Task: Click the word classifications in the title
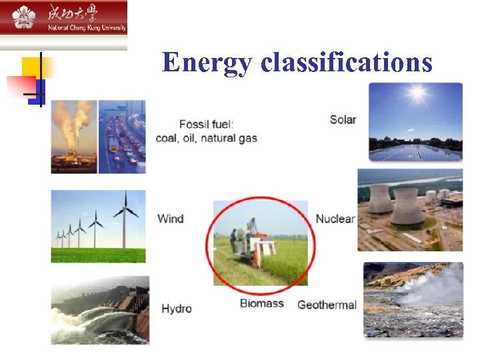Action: [347, 63]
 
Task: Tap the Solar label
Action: [343, 119]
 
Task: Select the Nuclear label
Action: [335, 219]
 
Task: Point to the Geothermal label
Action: [327, 305]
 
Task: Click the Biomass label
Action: [262, 303]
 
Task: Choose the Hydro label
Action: [176, 308]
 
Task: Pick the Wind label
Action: [170, 219]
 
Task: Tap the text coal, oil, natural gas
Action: [206, 139]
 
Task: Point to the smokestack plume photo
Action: [73, 137]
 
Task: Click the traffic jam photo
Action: [122, 137]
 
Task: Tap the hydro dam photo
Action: [100, 311]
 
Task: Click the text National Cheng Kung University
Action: [87, 28]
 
